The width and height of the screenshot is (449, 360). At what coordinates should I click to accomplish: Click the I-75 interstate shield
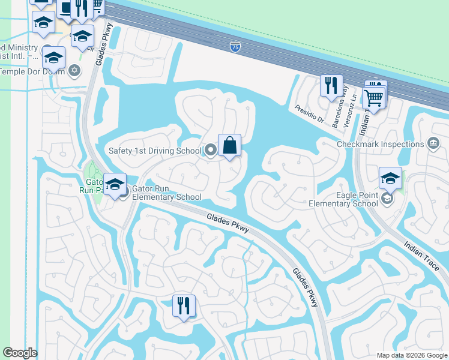pos(235,46)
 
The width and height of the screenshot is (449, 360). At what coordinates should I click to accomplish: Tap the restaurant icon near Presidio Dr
pos(331,86)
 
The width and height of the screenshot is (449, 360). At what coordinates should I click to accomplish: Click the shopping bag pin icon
pos(229,145)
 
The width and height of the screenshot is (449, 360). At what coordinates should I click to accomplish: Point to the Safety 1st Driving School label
pos(155,150)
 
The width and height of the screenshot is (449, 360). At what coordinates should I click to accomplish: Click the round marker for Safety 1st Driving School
pos(210,150)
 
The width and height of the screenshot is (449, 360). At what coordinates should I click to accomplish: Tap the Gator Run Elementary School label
pos(167,193)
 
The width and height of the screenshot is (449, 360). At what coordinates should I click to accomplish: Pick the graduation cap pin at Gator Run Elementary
pos(114,184)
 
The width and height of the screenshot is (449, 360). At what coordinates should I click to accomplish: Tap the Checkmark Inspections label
pos(381,144)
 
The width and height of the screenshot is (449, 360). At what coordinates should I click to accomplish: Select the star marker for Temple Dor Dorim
pos(74,71)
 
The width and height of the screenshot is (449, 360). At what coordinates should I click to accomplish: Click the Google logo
pos(20,353)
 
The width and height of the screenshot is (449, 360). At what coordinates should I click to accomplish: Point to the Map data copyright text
pos(412,355)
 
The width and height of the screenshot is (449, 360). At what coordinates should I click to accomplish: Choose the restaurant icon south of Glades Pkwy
pos(184,306)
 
